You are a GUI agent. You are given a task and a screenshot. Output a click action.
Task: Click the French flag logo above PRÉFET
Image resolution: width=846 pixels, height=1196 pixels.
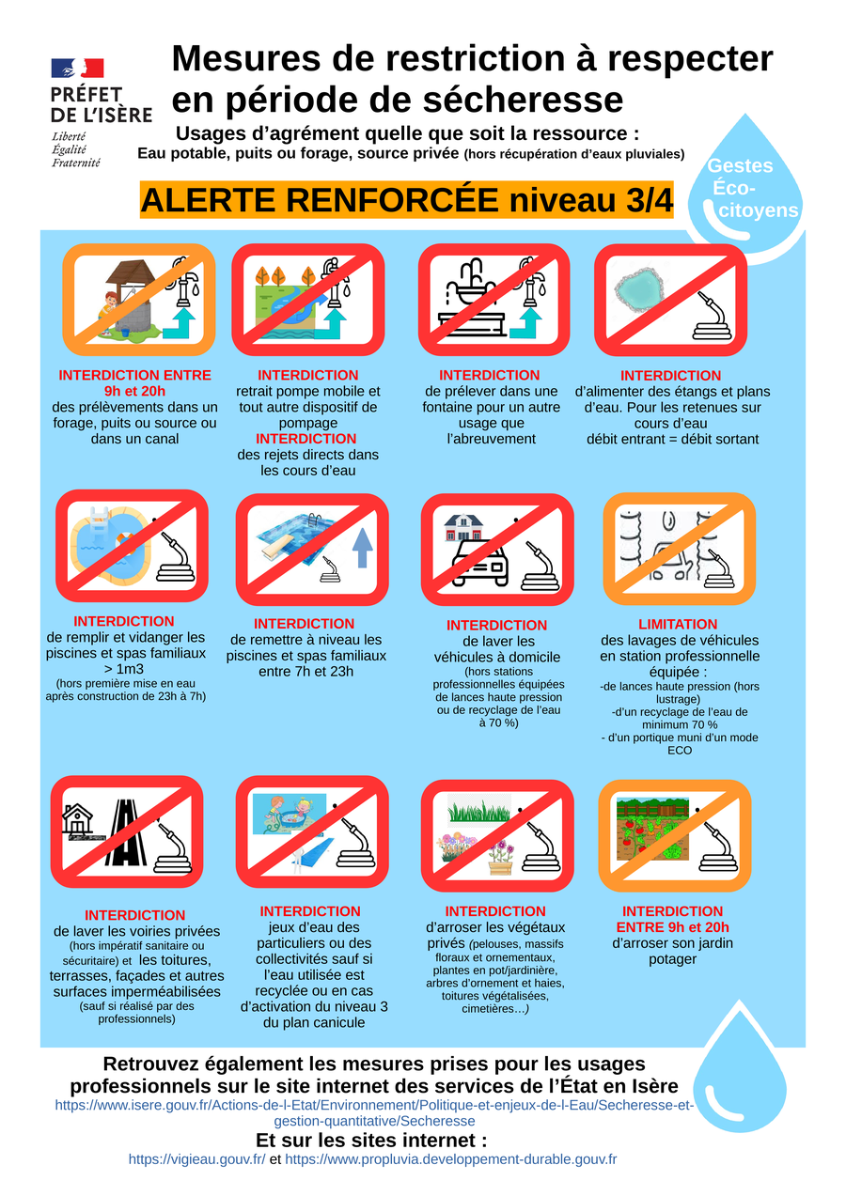(x=77, y=69)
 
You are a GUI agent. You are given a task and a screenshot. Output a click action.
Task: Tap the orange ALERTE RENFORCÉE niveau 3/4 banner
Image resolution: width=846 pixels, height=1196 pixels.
(x=406, y=200)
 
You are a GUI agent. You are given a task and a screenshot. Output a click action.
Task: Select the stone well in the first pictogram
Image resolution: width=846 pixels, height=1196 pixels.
(x=132, y=298)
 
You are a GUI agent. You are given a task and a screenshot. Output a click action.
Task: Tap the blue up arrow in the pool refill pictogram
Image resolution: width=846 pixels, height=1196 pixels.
(x=363, y=548)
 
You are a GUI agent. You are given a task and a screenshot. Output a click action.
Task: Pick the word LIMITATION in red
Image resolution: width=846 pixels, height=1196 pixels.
(x=678, y=624)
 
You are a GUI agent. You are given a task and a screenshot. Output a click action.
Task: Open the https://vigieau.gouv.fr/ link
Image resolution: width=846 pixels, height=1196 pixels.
(x=196, y=1159)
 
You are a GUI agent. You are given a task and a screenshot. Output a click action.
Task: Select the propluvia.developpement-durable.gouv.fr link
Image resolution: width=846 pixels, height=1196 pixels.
(x=451, y=1159)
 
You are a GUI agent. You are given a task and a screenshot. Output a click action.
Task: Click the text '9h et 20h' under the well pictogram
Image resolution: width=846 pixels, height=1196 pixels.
(x=134, y=391)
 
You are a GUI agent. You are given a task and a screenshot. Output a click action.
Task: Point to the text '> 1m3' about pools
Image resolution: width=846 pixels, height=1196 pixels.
(x=124, y=669)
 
